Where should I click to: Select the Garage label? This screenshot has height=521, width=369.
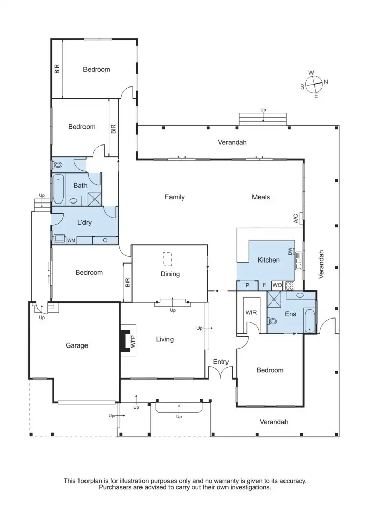(77, 345)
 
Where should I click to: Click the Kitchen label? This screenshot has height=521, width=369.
(268, 260)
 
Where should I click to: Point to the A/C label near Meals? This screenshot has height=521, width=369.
(296, 219)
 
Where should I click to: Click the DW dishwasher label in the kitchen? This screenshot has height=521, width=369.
(290, 251)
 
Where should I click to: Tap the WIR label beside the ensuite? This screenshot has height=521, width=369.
(251, 312)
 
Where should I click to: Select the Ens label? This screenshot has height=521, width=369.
(290, 315)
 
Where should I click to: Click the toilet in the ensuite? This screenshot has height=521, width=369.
(272, 321)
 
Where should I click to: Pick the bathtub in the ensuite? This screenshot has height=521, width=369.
(310, 320)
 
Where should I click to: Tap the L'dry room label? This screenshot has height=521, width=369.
(84, 222)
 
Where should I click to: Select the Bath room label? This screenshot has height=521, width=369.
(80, 185)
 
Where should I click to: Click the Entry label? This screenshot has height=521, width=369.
(221, 362)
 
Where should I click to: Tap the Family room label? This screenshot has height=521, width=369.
(175, 197)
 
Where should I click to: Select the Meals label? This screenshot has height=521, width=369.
(261, 197)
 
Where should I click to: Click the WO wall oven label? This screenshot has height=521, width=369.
(277, 285)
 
